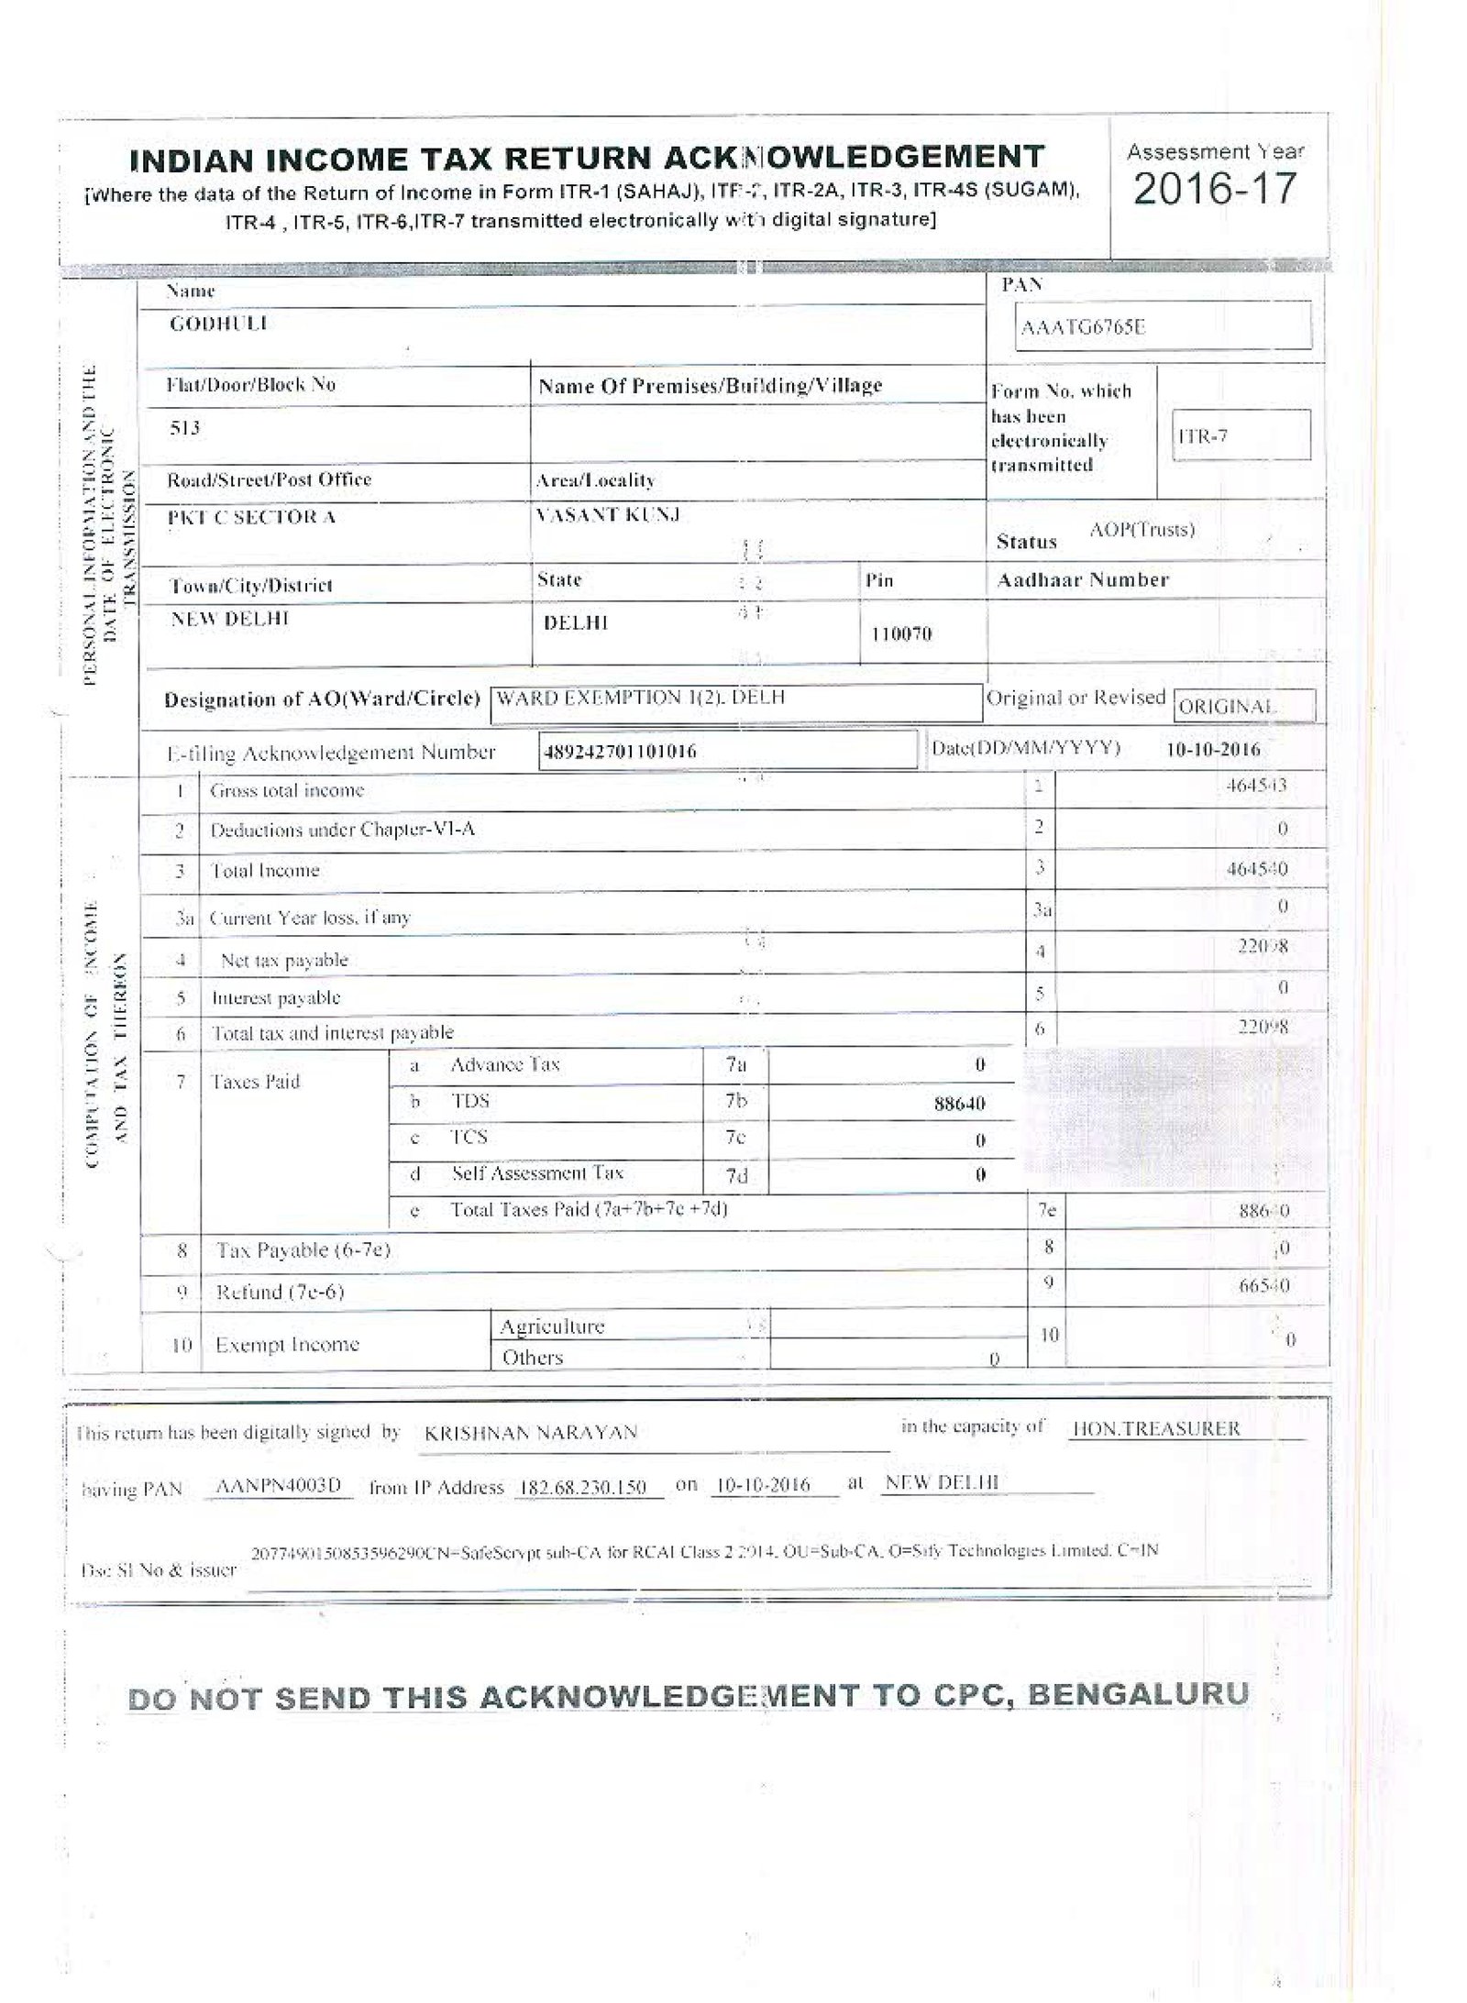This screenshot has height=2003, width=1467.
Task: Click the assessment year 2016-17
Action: point(1215,189)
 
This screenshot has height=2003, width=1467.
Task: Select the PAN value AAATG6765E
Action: point(1083,327)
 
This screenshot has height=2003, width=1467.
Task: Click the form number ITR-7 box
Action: point(1241,435)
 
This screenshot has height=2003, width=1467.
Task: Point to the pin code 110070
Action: point(900,633)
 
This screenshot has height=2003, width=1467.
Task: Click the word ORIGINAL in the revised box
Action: point(1227,707)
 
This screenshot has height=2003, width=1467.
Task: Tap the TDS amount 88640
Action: point(959,1104)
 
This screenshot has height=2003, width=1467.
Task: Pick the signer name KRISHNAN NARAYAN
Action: point(531,1433)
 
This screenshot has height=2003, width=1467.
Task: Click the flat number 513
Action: point(184,428)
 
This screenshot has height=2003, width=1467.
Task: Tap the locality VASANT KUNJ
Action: point(607,516)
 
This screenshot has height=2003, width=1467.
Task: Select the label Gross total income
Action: point(287,790)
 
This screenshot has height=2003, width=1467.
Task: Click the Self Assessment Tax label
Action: point(537,1173)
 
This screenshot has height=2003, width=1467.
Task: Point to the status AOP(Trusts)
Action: point(1142,530)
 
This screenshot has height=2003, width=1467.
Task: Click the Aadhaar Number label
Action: point(1083,580)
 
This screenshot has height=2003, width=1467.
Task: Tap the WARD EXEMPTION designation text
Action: point(640,698)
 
